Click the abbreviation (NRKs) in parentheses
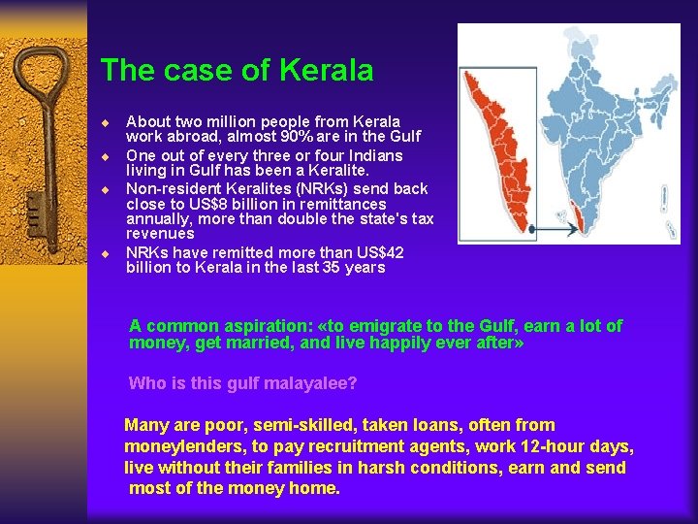[x=259, y=188]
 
